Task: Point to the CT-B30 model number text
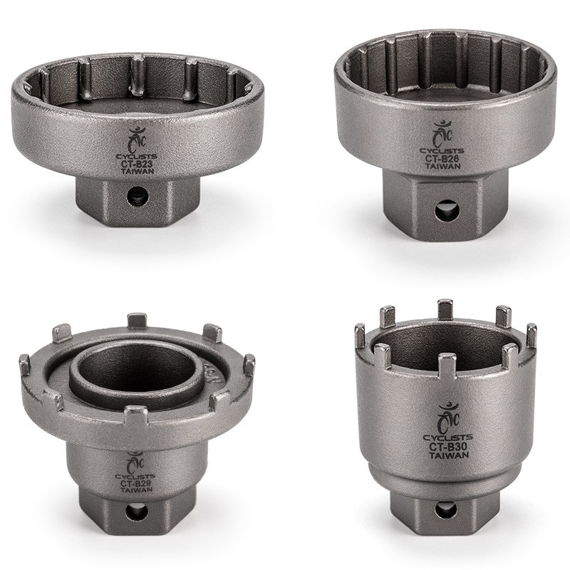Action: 447,447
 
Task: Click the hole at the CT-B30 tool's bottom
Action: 442,510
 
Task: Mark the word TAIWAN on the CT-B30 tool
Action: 447,457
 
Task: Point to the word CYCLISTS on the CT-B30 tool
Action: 447,437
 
